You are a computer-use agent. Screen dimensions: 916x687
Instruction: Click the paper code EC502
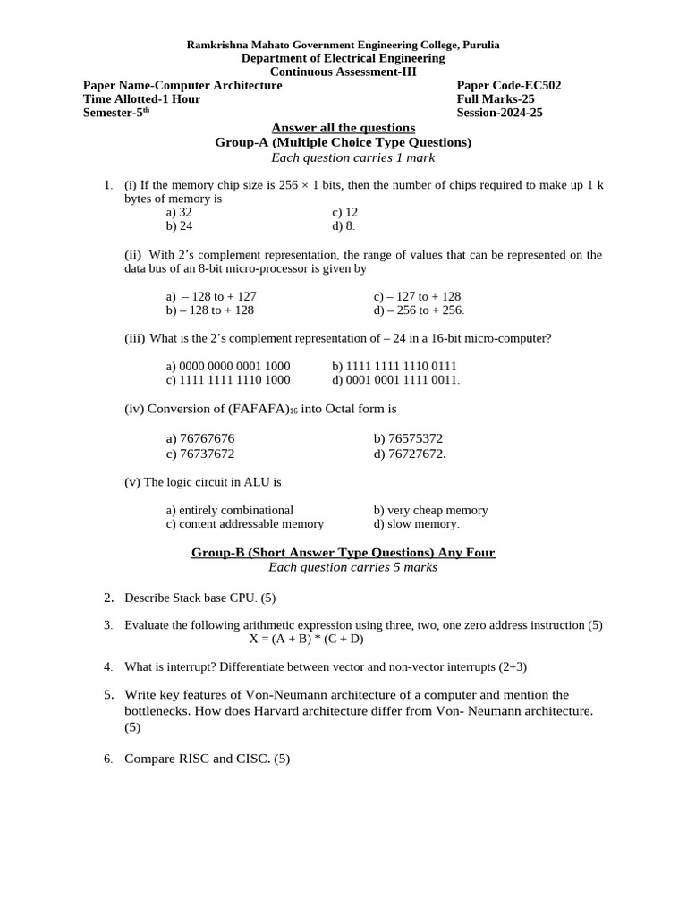(x=508, y=86)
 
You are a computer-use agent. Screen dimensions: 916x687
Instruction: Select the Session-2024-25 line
(x=499, y=113)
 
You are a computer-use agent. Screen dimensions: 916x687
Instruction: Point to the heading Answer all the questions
(x=343, y=128)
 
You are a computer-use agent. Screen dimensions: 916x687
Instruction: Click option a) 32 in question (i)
(x=179, y=213)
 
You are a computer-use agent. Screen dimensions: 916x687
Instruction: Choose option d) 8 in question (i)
(x=343, y=226)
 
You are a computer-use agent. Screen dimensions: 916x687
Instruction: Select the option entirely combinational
(x=230, y=510)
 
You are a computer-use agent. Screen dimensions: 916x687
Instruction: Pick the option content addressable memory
(x=245, y=524)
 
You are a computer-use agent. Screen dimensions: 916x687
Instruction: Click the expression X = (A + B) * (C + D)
(x=306, y=639)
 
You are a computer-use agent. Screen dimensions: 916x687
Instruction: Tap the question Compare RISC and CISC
(x=207, y=759)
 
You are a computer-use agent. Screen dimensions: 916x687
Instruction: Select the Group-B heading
(x=343, y=553)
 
